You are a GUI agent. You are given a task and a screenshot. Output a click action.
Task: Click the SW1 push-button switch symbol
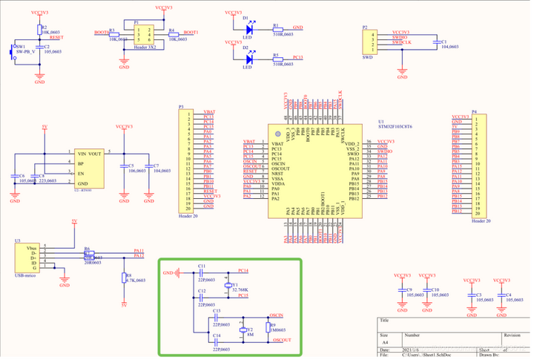[x=13, y=52]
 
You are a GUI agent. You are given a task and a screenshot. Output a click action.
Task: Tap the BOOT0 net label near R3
[x=102, y=33]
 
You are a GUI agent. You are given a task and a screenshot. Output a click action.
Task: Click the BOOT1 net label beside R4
[x=191, y=33]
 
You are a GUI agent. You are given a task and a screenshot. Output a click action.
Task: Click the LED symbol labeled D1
[x=249, y=30]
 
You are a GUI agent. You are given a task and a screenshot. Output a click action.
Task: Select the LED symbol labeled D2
[x=249, y=59]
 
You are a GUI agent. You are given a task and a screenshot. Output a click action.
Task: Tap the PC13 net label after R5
[x=297, y=57]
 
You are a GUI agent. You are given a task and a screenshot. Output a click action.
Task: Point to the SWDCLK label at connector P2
[x=401, y=42]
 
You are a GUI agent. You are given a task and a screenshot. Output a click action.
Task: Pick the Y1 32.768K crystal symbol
[x=227, y=284]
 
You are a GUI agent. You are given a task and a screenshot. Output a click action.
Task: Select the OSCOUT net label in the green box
[x=281, y=339]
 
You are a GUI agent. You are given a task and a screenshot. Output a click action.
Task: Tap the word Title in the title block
[x=384, y=321]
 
